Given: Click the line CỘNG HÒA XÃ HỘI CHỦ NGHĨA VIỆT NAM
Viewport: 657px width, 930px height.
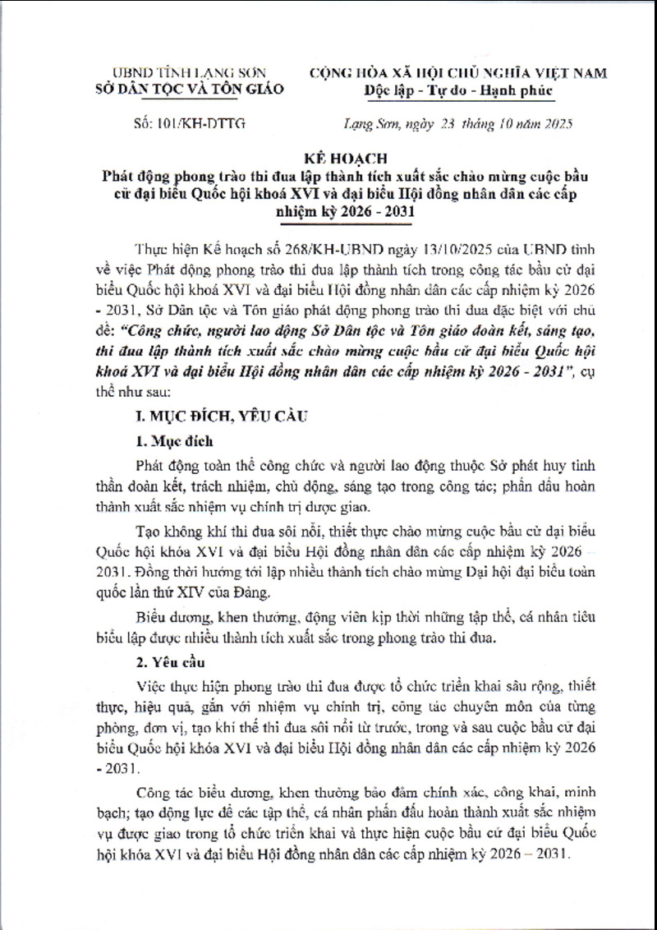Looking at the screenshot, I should click(459, 73).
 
